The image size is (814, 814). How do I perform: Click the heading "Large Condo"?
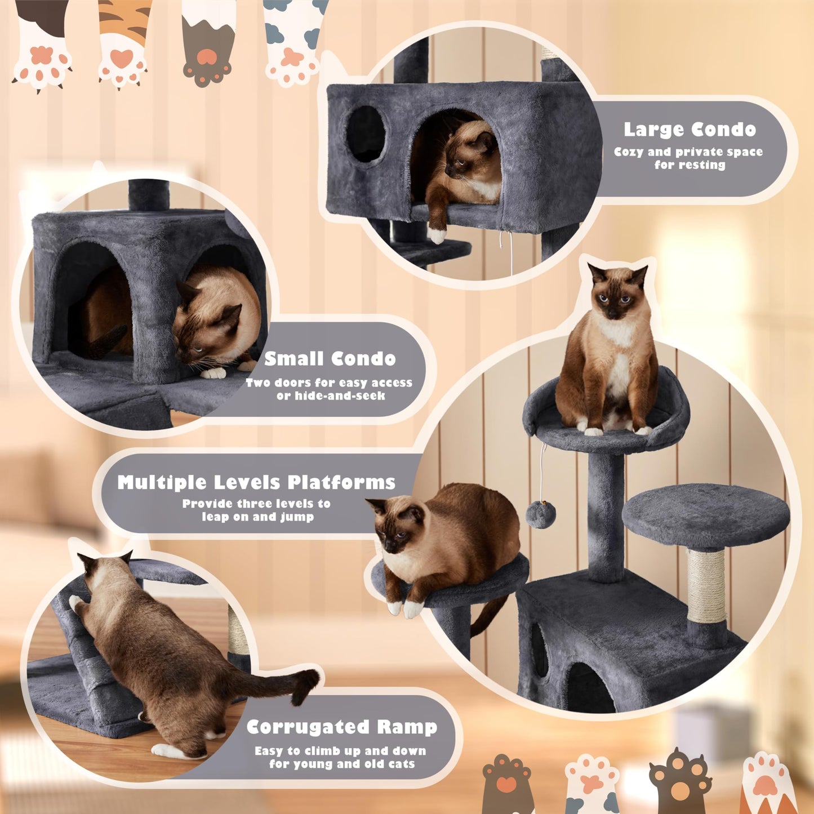pyautogui.click(x=690, y=130)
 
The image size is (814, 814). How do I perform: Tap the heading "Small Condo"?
pyautogui.click(x=330, y=359)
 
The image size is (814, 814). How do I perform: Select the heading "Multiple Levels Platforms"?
pyautogui.click(x=256, y=482)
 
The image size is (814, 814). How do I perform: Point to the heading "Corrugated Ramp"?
pyautogui.click(x=342, y=727)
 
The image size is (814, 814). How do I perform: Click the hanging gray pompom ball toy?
pyautogui.click(x=541, y=515)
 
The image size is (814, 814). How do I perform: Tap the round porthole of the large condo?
pyautogui.click(x=366, y=134)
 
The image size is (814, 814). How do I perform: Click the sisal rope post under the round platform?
pyautogui.click(x=706, y=586)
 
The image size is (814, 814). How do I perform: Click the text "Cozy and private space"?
pyautogui.click(x=688, y=152)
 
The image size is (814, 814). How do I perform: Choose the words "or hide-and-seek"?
pyautogui.click(x=331, y=395)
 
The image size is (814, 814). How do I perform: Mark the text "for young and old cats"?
pyautogui.click(x=342, y=764)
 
